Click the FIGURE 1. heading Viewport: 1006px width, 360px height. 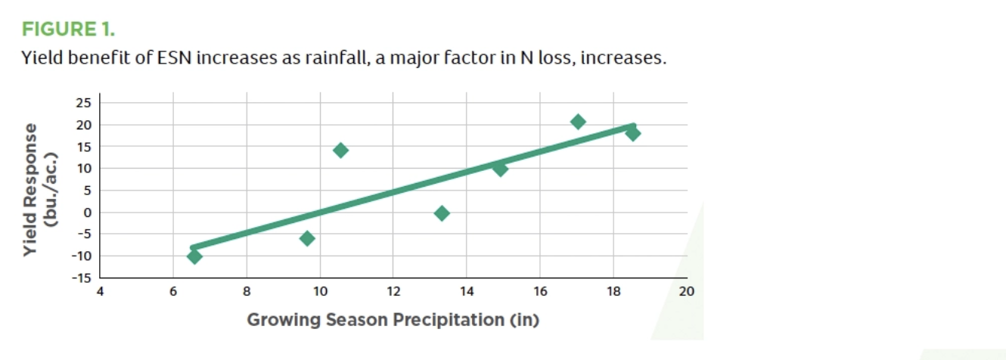pos(68,29)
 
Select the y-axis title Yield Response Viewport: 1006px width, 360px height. pos(29,189)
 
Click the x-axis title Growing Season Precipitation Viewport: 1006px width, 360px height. pos(375,320)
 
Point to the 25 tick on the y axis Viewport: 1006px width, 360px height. pos(83,103)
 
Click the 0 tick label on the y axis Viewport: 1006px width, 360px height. pos(88,213)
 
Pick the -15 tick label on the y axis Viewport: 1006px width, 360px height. pos(81,278)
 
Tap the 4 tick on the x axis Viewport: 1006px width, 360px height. pos(100,291)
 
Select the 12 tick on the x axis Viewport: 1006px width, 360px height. pos(393,291)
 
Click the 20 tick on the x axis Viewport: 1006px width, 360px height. pos(687,291)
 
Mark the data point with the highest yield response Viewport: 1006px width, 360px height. pos(578,121)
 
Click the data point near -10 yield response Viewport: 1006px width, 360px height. pos(194,256)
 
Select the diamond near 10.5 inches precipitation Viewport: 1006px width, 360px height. pos(340,150)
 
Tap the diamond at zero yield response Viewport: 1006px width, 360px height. pos(442,213)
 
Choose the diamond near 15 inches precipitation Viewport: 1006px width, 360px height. pos(500,169)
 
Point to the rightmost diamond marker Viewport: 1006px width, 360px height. pos(633,133)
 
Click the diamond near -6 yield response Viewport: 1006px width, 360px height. pos(307,238)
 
